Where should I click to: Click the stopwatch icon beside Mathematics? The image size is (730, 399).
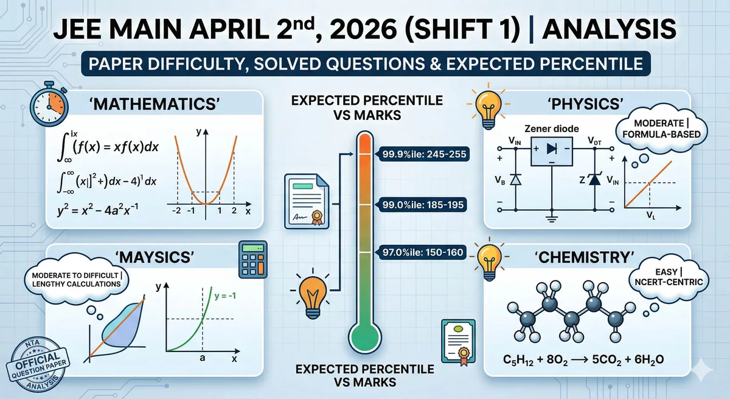tap(49, 104)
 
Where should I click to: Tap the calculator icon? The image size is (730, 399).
tap(253, 260)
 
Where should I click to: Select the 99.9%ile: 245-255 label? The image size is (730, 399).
tap(424, 154)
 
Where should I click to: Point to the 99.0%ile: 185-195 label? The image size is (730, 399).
tap(423, 205)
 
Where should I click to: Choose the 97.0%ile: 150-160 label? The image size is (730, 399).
tap(423, 252)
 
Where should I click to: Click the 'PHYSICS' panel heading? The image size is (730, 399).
tap(585, 104)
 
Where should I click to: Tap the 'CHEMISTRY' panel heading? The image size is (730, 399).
tap(585, 257)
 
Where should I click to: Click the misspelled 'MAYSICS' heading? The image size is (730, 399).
tap(155, 257)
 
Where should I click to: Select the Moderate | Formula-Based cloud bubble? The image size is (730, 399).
tap(661, 129)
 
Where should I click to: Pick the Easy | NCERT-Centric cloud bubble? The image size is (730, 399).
tap(669, 277)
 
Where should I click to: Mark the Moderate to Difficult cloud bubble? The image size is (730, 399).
tap(77, 280)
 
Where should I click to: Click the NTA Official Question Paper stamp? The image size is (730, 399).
tap(38, 364)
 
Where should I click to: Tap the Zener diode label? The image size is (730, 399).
tap(551, 129)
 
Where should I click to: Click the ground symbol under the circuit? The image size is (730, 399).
tap(551, 219)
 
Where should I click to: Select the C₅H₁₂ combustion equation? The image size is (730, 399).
tap(583, 359)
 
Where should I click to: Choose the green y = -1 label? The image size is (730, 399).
tap(225, 296)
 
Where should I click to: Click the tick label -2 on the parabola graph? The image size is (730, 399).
tap(176, 211)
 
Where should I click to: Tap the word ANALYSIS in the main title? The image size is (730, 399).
tap(609, 29)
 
